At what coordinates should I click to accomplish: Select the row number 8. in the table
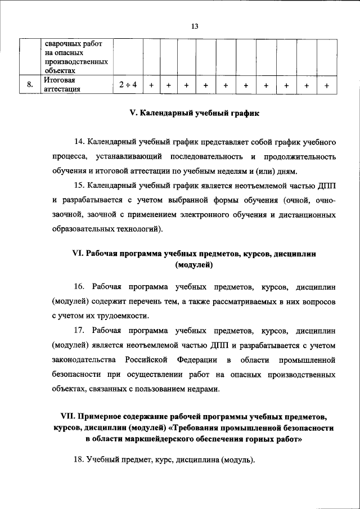[x=29, y=85]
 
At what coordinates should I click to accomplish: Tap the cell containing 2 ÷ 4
[x=128, y=85]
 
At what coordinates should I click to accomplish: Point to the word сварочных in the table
[x=64, y=43]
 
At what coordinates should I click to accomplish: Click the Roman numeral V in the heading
[x=133, y=113]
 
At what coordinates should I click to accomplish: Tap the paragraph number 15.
[x=80, y=186]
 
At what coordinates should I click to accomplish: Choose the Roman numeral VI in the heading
[x=78, y=254]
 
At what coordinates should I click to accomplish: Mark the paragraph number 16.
[x=80, y=286]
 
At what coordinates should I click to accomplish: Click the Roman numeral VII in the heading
[x=69, y=417]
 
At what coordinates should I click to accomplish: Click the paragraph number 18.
[x=80, y=461]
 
